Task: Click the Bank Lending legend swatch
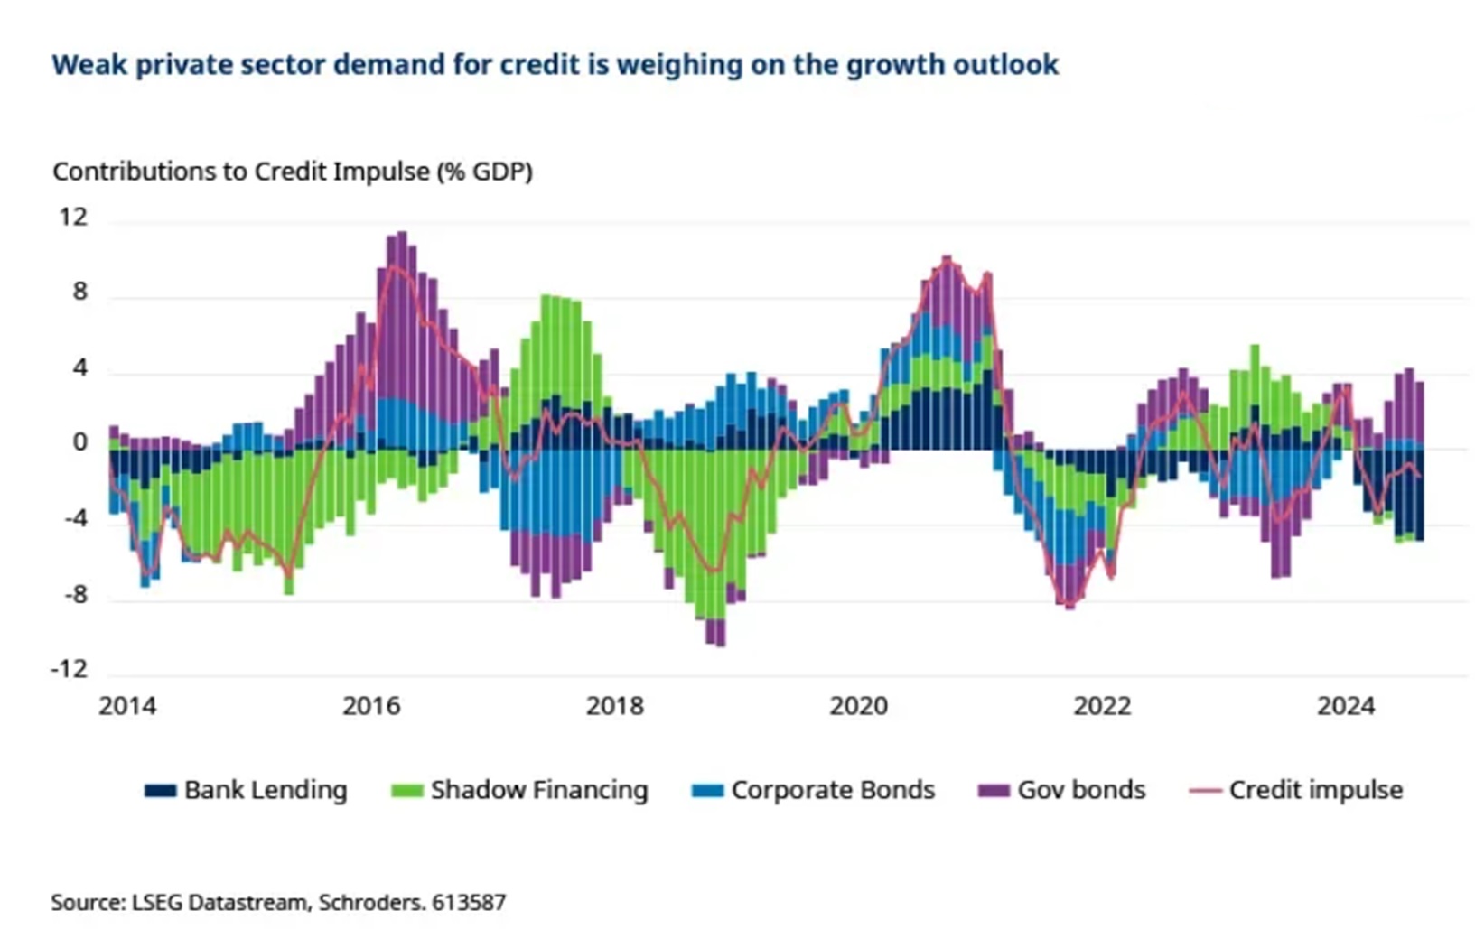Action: (x=160, y=790)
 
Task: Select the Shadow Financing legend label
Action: (x=539, y=790)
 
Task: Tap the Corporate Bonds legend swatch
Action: (x=708, y=790)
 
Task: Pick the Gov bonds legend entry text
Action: (x=1081, y=790)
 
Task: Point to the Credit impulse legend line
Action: (x=1207, y=791)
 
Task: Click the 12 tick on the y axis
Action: (x=73, y=217)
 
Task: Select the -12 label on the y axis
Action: (x=70, y=670)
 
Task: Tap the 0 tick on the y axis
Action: (x=79, y=442)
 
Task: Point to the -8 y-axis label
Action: (x=76, y=595)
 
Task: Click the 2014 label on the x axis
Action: (x=127, y=707)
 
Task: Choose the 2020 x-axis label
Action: (x=859, y=707)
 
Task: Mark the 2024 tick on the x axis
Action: (x=1346, y=707)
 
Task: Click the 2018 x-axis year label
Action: (x=615, y=707)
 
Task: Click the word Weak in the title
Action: (x=89, y=65)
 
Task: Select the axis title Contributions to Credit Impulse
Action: (x=241, y=172)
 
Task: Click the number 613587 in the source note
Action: (x=469, y=902)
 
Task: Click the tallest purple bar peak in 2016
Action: (x=402, y=232)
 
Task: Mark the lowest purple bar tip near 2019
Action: (x=721, y=646)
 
